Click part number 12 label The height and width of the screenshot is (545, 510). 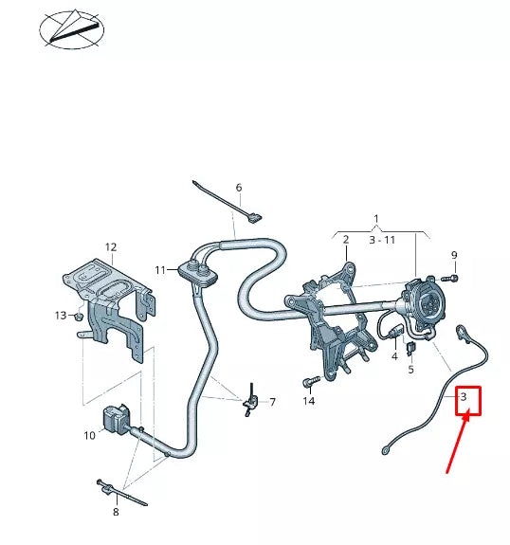111,247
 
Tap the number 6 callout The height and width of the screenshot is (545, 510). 239,188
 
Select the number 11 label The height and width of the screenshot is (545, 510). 161,270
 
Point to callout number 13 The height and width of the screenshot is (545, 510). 60,315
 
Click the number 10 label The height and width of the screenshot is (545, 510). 89,436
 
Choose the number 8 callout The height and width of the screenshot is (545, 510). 116,513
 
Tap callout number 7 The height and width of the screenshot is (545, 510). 272,402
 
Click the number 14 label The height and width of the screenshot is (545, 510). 308,402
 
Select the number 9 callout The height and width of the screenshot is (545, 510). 454,254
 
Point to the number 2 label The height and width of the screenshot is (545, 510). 346,240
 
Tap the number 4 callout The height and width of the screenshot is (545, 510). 394,356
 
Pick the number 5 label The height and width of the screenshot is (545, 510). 411,369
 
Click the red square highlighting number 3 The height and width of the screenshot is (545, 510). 465,400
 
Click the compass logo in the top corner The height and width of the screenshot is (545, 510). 73,27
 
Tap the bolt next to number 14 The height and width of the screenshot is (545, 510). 308,383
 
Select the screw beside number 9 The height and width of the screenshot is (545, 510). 451,277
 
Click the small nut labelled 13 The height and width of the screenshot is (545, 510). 80,316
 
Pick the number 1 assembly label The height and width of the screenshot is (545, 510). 376,219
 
